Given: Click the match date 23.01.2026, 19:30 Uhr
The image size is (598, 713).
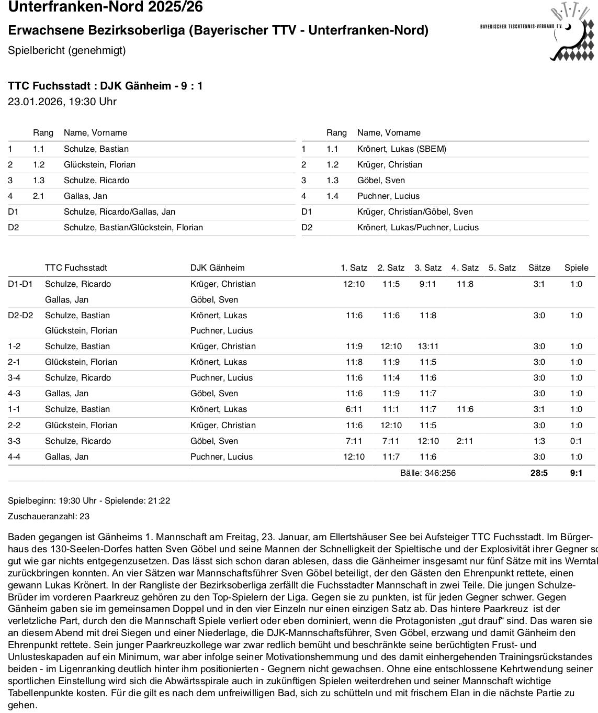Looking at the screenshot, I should coord(62,102).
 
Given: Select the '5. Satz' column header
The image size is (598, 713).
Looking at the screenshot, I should coord(502,268).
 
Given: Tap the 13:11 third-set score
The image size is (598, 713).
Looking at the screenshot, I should coord(427,346).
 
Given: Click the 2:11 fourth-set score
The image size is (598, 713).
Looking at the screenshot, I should coord(464,441).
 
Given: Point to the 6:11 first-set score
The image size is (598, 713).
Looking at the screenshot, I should coord(354,409).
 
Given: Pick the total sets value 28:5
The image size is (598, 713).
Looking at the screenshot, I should coord(539,473).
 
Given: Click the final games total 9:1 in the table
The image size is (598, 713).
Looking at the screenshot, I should coord(576,473).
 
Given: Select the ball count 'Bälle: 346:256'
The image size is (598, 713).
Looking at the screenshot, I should coord(427,473).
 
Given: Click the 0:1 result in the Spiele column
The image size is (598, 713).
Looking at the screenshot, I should coord(576,441).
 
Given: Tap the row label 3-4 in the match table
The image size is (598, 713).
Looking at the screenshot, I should coord(15,377).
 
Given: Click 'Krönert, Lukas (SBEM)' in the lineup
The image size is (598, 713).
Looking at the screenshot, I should coord(401,149).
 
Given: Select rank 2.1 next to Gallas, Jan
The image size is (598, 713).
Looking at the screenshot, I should coord(39,196).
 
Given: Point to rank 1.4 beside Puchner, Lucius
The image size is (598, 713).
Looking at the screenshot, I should coord(332,196).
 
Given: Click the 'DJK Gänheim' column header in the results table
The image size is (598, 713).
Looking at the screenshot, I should coord(217,268).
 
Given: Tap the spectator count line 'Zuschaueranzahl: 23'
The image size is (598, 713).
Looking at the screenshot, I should coord(49,516).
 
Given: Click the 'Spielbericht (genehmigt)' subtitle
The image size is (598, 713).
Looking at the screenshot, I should coord(67,50).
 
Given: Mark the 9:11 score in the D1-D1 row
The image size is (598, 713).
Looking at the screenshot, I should coord(427,284).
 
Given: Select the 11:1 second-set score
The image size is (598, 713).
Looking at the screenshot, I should coord(391,409).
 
